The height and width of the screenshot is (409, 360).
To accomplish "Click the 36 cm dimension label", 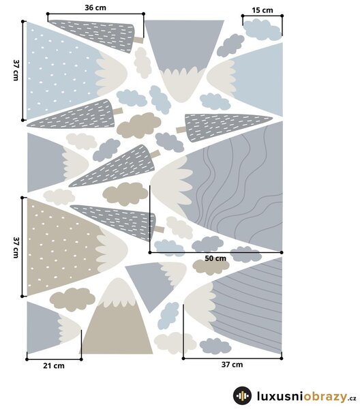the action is [x=95, y=7].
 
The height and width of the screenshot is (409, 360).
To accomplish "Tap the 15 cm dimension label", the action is [x=262, y=10].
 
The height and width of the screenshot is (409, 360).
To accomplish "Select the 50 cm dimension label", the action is [x=215, y=258].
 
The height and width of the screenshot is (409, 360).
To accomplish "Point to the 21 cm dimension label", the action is [x=54, y=365].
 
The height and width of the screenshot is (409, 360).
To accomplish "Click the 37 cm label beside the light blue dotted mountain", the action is [x=16, y=70].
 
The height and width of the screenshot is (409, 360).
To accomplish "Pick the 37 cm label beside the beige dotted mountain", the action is [x=16, y=247].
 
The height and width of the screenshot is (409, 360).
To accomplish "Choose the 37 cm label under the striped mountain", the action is [x=232, y=365].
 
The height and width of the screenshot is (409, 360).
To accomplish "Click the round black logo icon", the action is [x=242, y=395].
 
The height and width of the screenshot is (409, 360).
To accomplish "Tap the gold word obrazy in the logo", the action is [x=325, y=397].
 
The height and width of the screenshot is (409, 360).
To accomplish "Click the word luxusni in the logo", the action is [x=280, y=396].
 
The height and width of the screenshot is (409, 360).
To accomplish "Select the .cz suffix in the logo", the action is [x=352, y=398].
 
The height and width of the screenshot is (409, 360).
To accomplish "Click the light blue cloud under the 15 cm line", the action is [x=262, y=29].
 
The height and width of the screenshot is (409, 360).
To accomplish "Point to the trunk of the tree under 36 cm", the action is [x=139, y=40].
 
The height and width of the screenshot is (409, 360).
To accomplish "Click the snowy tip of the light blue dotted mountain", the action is [x=111, y=74].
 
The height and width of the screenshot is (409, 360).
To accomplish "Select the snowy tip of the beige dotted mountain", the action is [x=112, y=249].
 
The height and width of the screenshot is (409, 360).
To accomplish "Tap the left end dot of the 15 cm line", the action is [x=243, y=16].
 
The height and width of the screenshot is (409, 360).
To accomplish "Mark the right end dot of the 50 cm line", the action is [x=282, y=252].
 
